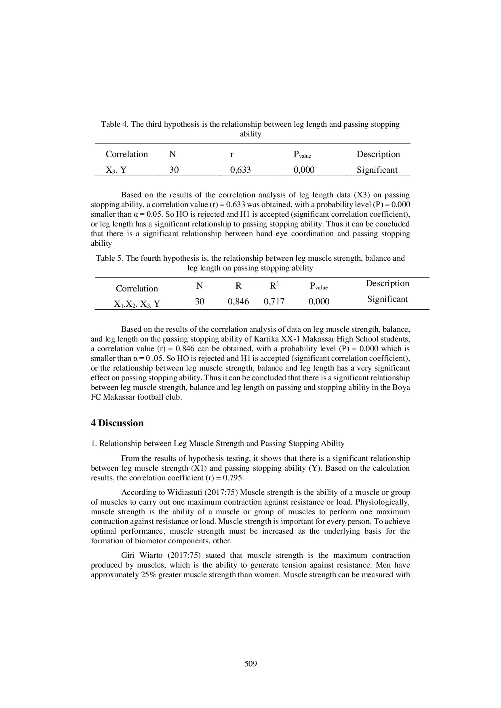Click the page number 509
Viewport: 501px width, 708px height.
tap(250, 664)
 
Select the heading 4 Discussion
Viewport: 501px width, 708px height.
tap(117, 423)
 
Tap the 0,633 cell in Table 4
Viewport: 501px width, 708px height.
tap(240, 170)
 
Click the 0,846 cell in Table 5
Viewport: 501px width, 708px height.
tap(238, 302)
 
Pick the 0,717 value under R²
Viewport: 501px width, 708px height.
tap(274, 302)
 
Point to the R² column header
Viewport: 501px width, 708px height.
tap(274, 286)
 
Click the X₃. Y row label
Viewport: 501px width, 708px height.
tap(116, 170)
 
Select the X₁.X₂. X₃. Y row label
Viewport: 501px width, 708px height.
tap(137, 304)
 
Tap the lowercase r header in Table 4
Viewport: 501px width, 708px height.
tap(232, 154)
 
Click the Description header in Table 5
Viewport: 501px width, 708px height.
tap(387, 283)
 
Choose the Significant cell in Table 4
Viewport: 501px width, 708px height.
tap(377, 170)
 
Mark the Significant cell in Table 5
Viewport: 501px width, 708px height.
tap(387, 299)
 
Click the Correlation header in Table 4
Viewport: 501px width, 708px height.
tap(127, 154)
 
